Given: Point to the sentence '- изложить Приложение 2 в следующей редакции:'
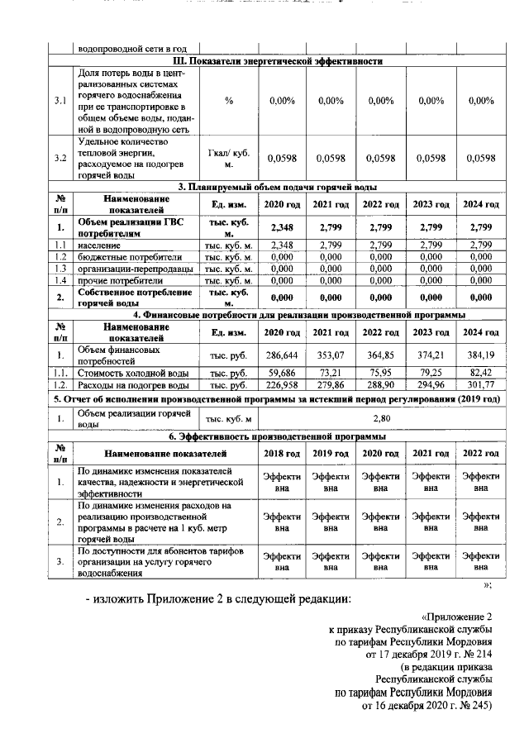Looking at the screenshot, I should (x=221, y=598).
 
